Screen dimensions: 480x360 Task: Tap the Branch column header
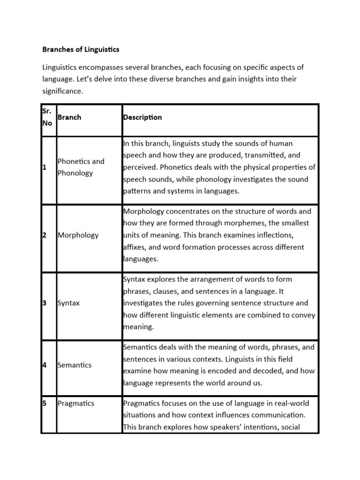coord(69,117)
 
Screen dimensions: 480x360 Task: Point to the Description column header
coord(142,117)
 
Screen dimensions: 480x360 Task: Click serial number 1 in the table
coord(44,167)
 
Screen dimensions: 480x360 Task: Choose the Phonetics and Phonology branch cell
coord(81,167)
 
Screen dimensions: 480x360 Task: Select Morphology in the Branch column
coord(78,235)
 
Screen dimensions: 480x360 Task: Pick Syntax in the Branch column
coord(68,303)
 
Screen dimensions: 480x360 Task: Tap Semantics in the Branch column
coord(74,365)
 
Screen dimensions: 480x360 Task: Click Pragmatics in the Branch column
coord(75,403)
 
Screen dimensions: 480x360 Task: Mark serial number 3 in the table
coord(44,303)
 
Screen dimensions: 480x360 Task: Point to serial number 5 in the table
coord(44,403)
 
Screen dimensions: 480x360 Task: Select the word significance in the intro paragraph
coord(62,91)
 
